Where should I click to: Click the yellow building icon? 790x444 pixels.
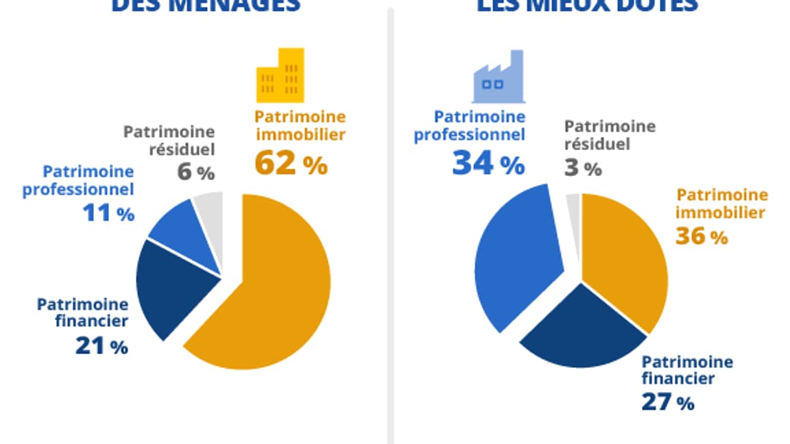(x=280, y=75)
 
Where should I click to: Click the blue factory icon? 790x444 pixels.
(x=496, y=76)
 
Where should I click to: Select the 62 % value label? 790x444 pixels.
(x=291, y=164)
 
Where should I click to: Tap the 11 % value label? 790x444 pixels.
(x=108, y=213)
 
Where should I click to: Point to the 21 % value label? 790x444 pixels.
(x=101, y=346)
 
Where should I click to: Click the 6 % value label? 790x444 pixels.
(x=195, y=172)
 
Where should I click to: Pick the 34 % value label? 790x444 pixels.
(x=488, y=164)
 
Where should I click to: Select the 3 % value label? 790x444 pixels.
(x=582, y=168)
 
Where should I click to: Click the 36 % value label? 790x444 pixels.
(x=701, y=236)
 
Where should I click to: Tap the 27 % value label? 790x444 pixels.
(x=667, y=402)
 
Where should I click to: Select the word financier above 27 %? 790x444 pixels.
(x=678, y=378)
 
